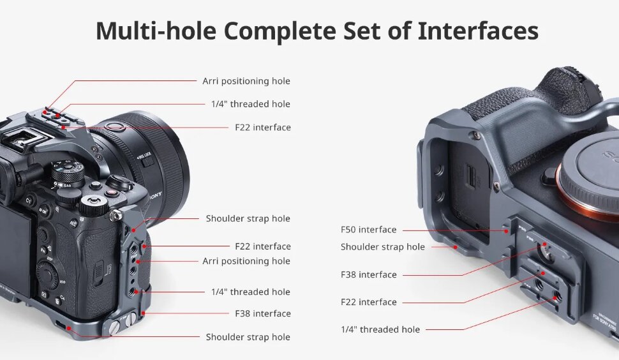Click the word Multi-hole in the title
[156, 31]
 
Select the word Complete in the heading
[280, 31]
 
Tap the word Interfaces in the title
[478, 31]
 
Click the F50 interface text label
[368, 230]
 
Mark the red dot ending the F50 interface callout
[506, 231]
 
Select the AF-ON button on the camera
[44, 210]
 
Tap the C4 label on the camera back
[63, 298]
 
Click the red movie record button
[112, 193]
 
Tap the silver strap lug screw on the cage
[116, 216]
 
